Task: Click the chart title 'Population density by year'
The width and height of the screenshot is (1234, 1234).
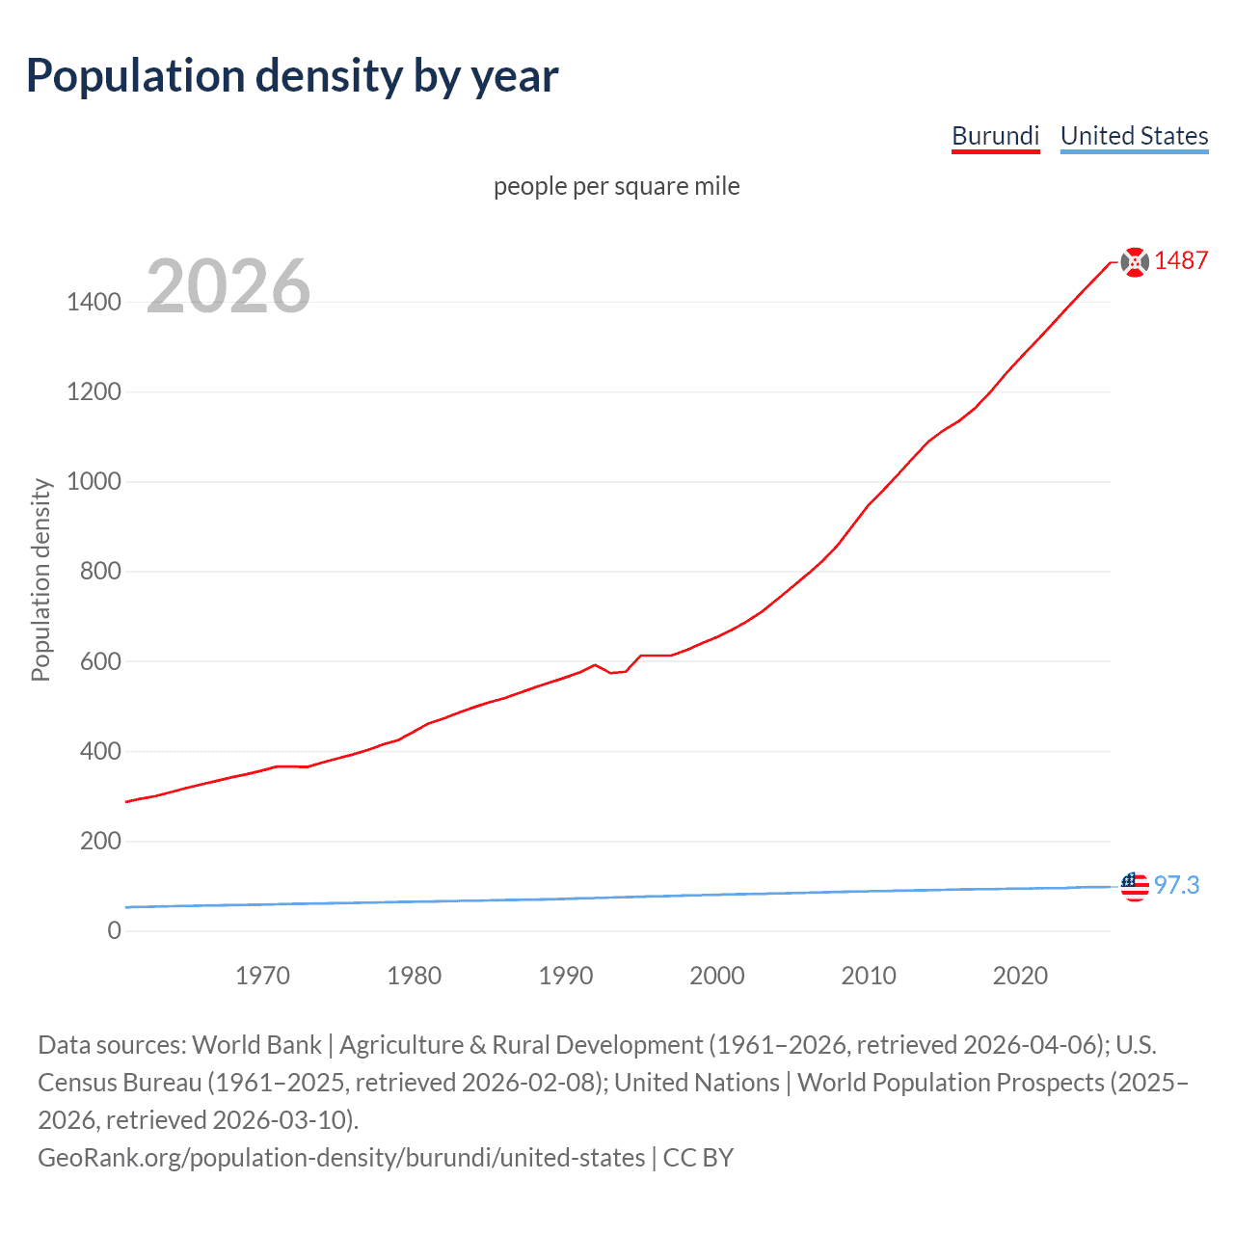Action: coord(292,76)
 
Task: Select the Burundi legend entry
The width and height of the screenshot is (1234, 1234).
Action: coord(995,136)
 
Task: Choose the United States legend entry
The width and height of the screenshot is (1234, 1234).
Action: coord(1134,136)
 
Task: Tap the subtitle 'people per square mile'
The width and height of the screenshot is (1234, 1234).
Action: coord(616,186)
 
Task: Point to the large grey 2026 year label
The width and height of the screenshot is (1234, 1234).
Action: coord(228,286)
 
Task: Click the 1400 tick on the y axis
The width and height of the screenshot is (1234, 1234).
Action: coord(94,302)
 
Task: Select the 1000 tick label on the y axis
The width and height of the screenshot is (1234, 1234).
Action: coord(94,481)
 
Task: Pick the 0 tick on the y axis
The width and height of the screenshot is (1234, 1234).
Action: coord(114,930)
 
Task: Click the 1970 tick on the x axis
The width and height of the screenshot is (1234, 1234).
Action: coord(262,976)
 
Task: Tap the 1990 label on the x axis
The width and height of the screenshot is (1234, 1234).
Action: coord(565,976)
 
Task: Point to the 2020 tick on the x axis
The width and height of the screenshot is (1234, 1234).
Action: coord(1020,976)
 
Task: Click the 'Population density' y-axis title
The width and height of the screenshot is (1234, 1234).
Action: coord(40,580)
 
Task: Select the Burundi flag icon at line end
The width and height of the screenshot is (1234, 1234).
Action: coord(1135,261)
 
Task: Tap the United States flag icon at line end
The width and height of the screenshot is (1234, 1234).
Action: coord(1135,886)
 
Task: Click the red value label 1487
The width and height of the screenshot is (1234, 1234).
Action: coord(1181,261)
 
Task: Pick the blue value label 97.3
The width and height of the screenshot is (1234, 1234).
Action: coord(1176,885)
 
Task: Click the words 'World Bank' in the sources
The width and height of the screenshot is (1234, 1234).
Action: coord(256,1045)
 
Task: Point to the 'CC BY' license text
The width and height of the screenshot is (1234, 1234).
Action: coord(698,1158)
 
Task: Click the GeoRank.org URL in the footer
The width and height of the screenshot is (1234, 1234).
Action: coord(341,1158)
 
